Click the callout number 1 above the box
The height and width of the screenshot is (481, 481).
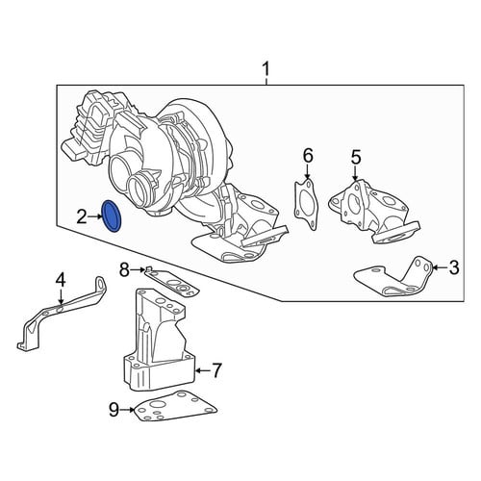pos(266,69)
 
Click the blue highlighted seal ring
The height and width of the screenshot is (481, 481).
pos(111,216)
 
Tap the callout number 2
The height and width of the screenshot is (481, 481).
pos(82,217)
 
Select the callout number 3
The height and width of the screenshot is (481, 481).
pos(454,267)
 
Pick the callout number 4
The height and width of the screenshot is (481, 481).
pos(61,281)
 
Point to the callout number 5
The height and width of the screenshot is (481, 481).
pos(356,158)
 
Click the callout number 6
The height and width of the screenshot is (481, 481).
pos(308,156)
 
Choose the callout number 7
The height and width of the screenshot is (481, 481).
pos(216,370)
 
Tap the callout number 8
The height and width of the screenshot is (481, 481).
pos(124,270)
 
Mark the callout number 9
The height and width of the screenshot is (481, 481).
pos(114,410)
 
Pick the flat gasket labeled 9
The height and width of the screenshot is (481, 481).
pos(175,407)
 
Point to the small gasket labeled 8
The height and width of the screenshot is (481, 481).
pos(171,282)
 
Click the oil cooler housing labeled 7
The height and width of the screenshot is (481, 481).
pos(159,340)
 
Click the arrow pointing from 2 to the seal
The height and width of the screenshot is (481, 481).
pos(94,217)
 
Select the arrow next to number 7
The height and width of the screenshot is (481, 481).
pos(203,370)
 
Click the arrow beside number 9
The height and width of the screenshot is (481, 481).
pos(127,410)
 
